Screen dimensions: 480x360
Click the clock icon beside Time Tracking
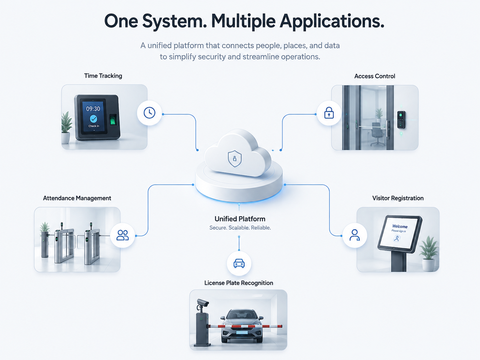tap(150, 113)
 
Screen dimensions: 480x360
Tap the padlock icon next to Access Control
tap(329, 113)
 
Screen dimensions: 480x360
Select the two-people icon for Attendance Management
tap(122, 235)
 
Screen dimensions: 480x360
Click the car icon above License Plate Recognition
tap(239, 264)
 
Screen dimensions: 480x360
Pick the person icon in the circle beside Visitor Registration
tap(354, 235)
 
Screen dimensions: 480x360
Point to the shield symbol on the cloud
tap(235, 158)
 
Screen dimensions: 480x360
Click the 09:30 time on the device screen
tap(93, 109)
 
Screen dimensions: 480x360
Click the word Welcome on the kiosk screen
tap(400, 226)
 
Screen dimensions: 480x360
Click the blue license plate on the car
tap(242, 332)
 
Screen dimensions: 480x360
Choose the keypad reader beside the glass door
tap(401, 120)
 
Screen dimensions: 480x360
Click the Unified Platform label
tap(240, 219)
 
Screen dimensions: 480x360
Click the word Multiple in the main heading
tap(243, 21)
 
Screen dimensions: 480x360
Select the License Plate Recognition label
tap(239, 283)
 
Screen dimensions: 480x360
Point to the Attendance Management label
tap(77, 198)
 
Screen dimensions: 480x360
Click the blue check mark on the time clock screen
tap(93, 119)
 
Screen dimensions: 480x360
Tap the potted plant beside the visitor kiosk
tap(429, 254)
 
